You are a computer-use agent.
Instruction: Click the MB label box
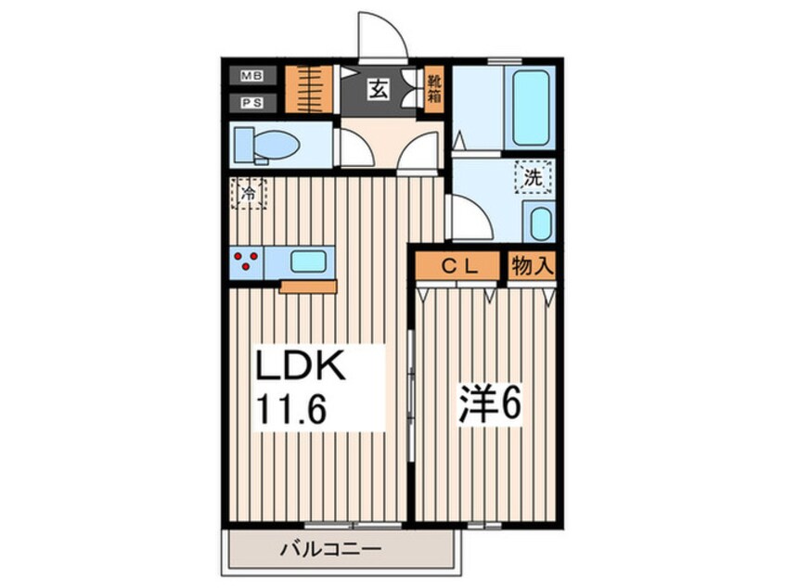(252, 76)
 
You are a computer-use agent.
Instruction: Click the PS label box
(252, 103)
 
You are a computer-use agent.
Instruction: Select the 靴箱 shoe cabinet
(434, 90)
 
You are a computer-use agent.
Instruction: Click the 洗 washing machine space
(534, 176)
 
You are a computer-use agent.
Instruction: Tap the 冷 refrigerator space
(249, 193)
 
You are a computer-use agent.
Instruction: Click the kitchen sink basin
(309, 262)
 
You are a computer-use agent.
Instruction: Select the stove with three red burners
(247, 262)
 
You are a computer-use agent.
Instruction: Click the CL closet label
(457, 267)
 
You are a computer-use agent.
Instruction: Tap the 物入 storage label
(533, 266)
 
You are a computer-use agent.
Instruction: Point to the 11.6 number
(291, 409)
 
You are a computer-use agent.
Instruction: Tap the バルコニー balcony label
(330, 550)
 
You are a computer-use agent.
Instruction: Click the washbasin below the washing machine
(541, 224)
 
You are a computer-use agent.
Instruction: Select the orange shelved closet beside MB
(309, 90)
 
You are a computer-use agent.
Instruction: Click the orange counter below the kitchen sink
(308, 287)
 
